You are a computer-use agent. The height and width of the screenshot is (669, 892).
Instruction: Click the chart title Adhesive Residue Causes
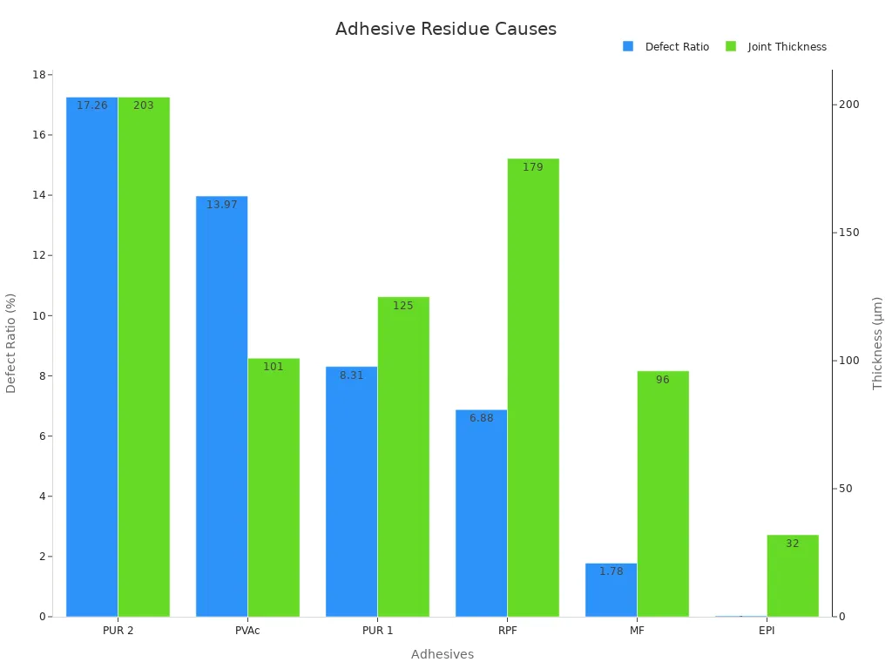coord(445,29)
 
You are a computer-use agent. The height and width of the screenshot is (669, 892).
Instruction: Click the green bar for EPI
coord(792,576)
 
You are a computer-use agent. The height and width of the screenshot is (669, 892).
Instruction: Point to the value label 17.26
coord(92,105)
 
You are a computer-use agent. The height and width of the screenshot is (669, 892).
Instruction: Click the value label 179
coord(532,167)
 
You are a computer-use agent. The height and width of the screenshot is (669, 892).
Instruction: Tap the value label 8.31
coord(351,375)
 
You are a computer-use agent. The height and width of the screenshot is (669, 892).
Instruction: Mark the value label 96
coord(662,380)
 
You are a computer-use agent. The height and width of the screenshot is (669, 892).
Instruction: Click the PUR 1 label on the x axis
coord(376,631)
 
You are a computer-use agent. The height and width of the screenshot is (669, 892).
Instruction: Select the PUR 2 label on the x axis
coord(118,631)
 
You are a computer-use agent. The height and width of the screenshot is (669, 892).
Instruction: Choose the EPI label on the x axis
coord(766,631)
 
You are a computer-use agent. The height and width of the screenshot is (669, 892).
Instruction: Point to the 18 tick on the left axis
coord(39,75)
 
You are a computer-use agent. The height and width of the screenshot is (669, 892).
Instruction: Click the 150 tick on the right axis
coord(848,233)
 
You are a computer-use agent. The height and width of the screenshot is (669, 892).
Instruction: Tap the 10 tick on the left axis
coord(39,316)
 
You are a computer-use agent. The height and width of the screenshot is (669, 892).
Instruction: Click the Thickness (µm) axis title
coord(877,343)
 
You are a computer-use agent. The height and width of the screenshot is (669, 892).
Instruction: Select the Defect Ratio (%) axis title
coord(11,343)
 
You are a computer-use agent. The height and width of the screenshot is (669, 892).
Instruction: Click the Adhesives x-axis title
coord(442,654)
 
